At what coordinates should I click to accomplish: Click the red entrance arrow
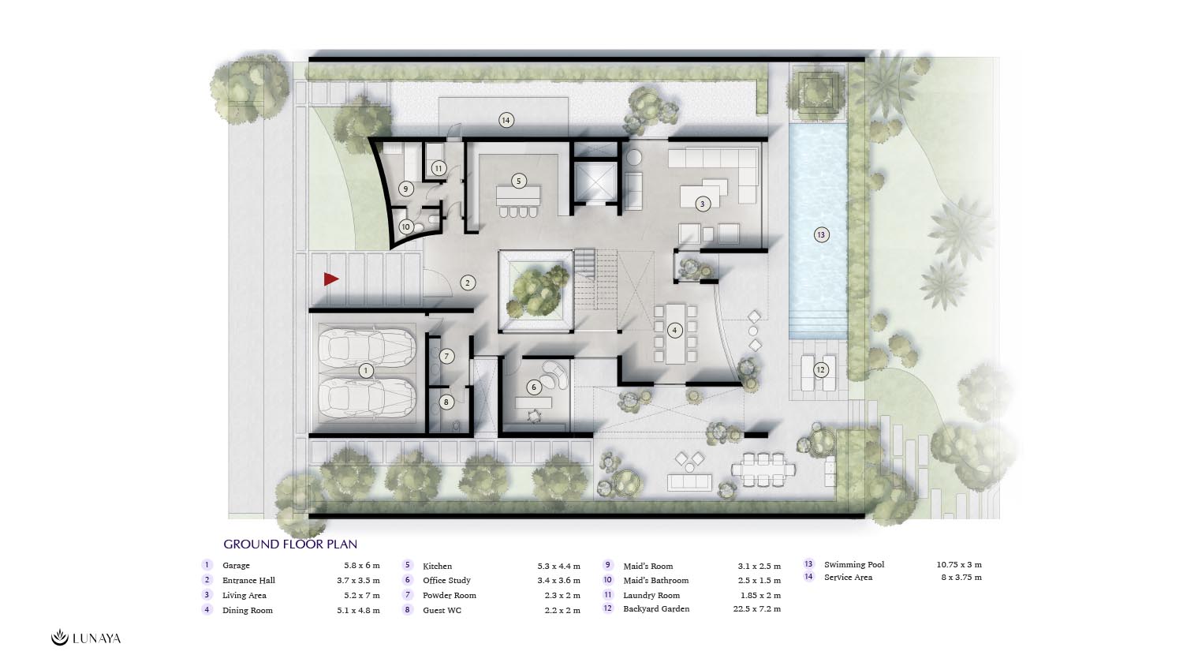(x=330, y=279)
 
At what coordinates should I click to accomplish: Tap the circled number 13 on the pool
(x=821, y=234)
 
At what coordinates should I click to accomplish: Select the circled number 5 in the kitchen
(x=519, y=181)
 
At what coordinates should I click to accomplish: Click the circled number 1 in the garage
(x=365, y=371)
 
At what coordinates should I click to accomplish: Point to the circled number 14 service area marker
(x=506, y=121)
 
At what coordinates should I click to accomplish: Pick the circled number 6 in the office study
(x=533, y=387)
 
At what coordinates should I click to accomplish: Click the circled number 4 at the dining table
(x=674, y=331)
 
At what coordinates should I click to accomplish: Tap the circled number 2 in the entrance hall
(x=468, y=282)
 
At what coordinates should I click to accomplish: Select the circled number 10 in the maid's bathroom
(x=405, y=226)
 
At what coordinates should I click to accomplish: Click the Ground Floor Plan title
(x=290, y=544)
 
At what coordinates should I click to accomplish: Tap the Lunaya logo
(x=86, y=638)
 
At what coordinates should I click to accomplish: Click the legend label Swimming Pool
(x=854, y=564)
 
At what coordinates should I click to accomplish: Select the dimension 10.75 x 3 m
(x=959, y=564)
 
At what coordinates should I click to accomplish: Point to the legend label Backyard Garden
(x=656, y=609)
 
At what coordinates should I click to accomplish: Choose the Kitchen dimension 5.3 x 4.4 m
(x=558, y=566)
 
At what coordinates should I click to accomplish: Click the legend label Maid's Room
(x=648, y=566)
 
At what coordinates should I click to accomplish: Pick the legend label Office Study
(x=446, y=580)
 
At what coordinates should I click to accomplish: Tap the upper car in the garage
(x=367, y=348)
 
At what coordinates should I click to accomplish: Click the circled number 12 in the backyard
(x=820, y=370)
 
